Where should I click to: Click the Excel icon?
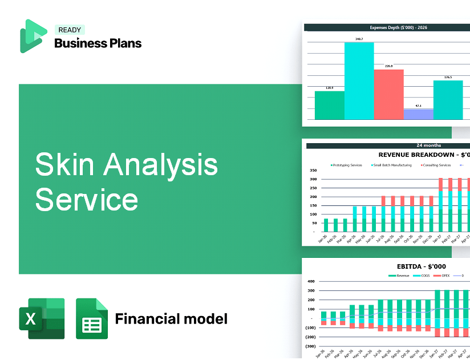(42, 318)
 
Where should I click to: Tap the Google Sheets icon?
(92, 318)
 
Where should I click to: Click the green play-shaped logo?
(33, 36)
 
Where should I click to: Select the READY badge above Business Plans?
(70, 30)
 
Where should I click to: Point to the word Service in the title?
(86, 200)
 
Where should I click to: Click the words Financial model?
(171, 318)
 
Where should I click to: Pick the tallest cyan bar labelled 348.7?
(359, 80)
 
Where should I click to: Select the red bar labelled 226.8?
(388, 94)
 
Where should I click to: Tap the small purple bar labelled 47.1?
(418, 114)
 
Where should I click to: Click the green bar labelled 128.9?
(330, 105)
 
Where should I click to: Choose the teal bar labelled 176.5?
(448, 100)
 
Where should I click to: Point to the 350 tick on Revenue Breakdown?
(313, 170)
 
